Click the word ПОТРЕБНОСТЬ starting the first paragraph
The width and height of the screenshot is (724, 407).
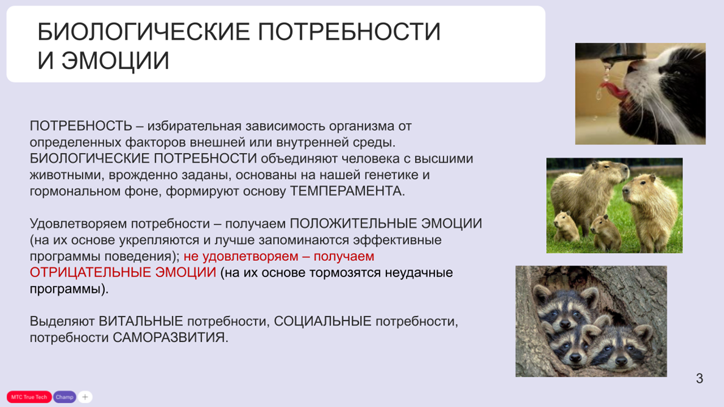coord(81,126)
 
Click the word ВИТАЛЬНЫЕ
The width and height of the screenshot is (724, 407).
coord(141,321)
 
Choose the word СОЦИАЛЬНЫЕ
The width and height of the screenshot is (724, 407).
coord(322,321)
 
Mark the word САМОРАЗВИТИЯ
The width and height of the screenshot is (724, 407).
coord(169,337)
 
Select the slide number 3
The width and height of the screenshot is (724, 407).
coord(699,378)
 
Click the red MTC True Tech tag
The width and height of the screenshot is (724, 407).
coord(29,397)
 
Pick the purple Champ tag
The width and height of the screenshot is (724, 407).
coord(64,397)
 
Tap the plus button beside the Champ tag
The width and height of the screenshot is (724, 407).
coord(85,397)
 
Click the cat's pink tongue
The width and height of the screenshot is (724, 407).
coord(612,92)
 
